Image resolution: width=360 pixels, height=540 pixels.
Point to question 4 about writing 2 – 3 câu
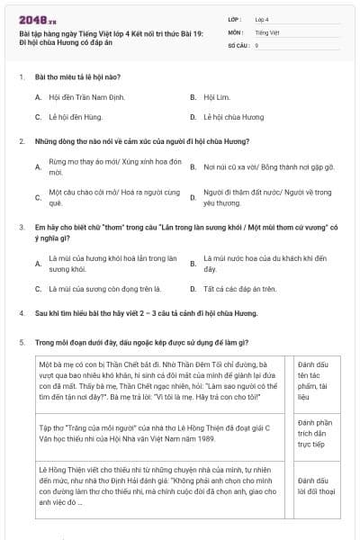[x=146, y=313]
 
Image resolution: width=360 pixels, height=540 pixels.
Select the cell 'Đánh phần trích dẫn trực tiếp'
[x=314, y=433]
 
